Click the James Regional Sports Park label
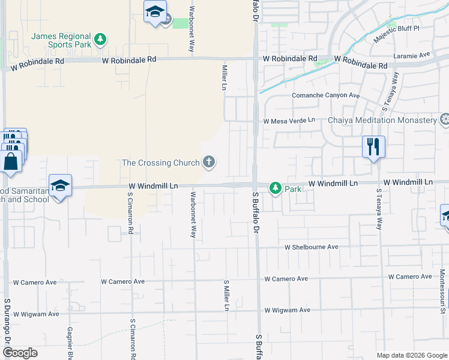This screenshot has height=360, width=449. pos(61,40)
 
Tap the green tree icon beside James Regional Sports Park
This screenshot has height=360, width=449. pos(101,40)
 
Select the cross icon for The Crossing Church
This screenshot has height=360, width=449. pos(209,161)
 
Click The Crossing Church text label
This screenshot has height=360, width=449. pos(160,162)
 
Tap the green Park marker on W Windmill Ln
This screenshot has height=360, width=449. pos(276,188)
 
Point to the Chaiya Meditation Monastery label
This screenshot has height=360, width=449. pos(382,120)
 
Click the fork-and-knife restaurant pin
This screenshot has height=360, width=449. pos(373,146)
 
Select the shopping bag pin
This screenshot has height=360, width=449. pos(10,161)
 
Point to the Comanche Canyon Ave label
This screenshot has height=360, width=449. pos(325,95)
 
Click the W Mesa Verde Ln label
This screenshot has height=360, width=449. pos(289,120)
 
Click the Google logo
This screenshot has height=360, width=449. pos(20,353)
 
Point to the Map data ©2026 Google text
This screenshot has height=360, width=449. pos(411,355)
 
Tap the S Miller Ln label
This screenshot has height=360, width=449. pos(226,295)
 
